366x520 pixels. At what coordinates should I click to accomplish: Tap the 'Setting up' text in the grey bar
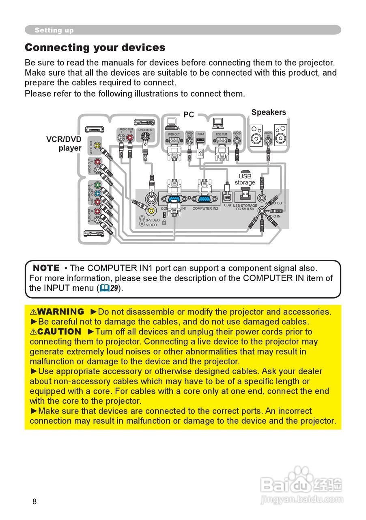[54, 30]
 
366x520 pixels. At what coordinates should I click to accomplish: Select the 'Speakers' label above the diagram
[269, 112]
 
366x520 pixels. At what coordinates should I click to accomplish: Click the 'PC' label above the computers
[189, 115]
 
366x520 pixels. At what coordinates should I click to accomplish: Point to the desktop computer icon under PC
[171, 121]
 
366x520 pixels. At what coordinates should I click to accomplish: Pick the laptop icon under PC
[219, 122]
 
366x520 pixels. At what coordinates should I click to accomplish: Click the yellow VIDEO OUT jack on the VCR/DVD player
[97, 145]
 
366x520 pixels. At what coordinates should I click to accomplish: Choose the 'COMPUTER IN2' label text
[205, 208]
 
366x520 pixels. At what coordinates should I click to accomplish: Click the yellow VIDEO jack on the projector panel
[151, 210]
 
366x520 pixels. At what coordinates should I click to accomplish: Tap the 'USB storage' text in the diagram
[245, 179]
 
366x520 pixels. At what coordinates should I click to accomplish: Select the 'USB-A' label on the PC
[200, 134]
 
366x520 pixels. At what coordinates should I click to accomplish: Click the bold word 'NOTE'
[46, 268]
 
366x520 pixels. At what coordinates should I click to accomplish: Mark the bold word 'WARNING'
[60, 312]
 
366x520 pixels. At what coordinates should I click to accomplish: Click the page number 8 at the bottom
[34, 501]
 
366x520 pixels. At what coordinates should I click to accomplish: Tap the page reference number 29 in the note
[115, 288]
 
